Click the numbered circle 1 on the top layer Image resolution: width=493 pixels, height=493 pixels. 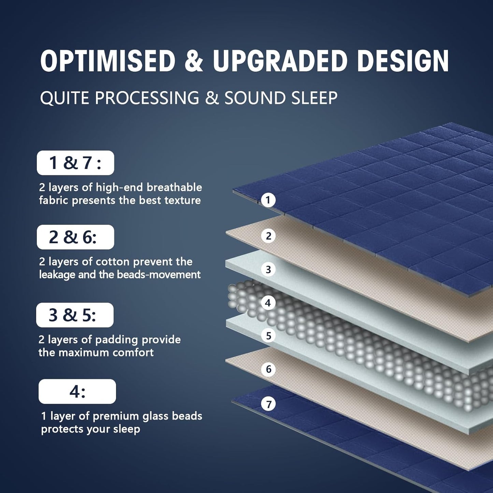(268, 200)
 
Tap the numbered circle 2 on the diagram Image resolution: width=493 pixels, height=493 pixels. (269, 236)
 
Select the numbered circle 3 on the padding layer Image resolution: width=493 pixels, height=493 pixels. (269, 270)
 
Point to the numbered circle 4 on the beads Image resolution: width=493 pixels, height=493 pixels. (268, 303)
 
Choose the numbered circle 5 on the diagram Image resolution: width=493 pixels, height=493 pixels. (269, 336)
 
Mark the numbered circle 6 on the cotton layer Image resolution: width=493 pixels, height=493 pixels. (269, 369)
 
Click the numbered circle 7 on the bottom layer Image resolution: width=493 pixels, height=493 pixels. (269, 404)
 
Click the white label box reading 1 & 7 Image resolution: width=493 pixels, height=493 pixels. (75, 163)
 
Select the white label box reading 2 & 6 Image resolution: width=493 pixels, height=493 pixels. (75, 237)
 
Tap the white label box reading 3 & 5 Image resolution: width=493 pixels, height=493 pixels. (75, 315)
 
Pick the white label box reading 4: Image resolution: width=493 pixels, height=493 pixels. (77, 391)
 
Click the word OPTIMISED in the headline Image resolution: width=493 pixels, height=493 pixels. (108, 61)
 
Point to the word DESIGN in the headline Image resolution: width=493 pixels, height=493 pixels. (403, 61)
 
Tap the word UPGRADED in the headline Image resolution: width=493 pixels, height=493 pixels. (280, 61)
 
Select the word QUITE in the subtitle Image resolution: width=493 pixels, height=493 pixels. (64, 98)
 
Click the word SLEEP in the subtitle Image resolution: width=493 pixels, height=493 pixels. (314, 98)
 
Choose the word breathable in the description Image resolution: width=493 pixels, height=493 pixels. (174, 188)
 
